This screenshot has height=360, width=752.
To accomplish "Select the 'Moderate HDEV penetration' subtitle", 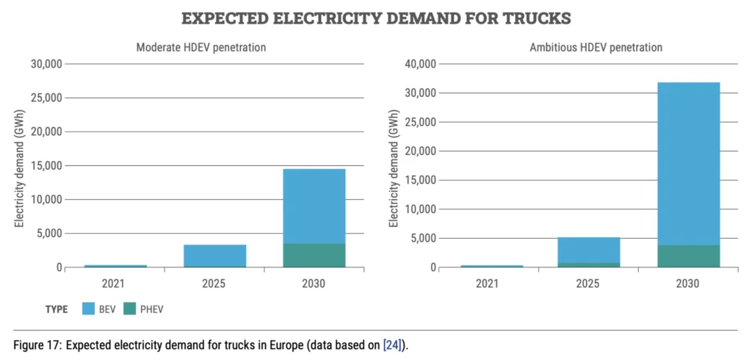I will (x=200, y=47).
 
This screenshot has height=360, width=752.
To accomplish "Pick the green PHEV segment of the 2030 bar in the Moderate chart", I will (x=314, y=255).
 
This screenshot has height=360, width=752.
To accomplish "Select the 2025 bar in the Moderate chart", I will (x=214, y=256).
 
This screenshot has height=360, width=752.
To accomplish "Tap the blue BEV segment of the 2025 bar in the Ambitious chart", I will (x=588, y=250).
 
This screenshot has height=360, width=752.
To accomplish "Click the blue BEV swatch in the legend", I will (x=90, y=309).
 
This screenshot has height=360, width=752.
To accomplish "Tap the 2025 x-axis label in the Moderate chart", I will (x=214, y=283).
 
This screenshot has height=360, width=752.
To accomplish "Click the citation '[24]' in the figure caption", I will (x=391, y=345).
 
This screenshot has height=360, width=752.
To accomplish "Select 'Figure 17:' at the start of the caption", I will (x=36, y=345).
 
